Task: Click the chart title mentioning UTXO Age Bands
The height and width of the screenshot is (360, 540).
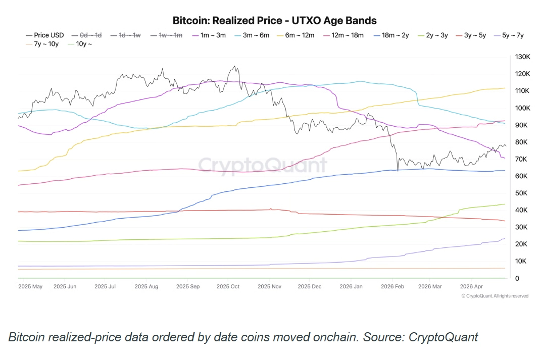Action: point(275,21)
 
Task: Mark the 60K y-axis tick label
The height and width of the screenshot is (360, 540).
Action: point(522,176)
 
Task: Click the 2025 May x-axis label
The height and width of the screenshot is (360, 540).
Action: point(31,286)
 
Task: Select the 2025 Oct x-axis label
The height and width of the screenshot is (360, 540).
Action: point(228,286)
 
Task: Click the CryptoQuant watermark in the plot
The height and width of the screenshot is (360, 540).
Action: point(262,165)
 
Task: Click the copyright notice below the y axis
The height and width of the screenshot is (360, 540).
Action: point(495,296)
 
